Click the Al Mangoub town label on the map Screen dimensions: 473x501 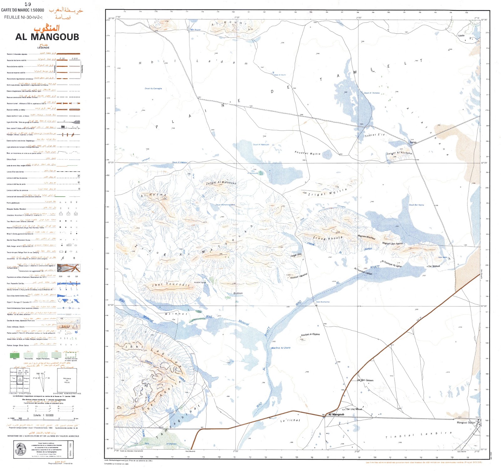tap(336, 415)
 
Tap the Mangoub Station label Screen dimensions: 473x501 tap(466, 423)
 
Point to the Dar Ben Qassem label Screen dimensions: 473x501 tap(365, 380)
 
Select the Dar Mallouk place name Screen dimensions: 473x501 tap(434, 266)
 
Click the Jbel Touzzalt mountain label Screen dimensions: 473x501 tap(171, 285)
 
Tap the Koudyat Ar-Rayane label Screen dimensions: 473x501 tap(310, 334)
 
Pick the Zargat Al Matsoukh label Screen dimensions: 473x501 tap(221, 182)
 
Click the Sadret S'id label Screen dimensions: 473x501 tap(374, 135)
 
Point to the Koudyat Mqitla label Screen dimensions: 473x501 tap(307, 153)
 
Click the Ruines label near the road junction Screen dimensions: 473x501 tap(413, 142)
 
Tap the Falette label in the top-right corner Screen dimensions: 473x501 tap(461, 36)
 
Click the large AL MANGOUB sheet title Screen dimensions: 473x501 tap(47, 37)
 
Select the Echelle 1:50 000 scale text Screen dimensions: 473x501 tap(44, 415)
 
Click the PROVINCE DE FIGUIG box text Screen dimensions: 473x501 tap(67, 380)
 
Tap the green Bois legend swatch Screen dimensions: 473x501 tap(15, 355)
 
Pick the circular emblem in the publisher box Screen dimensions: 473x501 tap(21, 450)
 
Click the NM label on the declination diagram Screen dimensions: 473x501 tap(38, 374)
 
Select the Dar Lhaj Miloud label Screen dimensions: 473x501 tap(354, 409)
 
